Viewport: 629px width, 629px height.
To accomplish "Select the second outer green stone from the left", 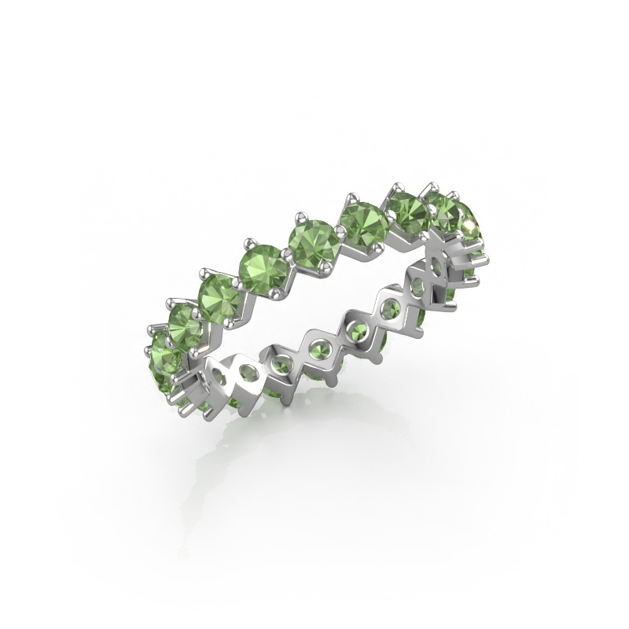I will point(186,323).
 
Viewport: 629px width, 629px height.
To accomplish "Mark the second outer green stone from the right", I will point(445,212).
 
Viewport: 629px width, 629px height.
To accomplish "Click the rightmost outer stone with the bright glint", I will point(469,221).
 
